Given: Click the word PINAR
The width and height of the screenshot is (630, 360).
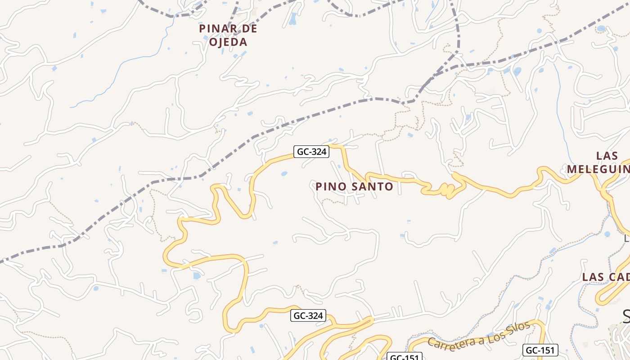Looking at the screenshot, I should (x=215, y=28).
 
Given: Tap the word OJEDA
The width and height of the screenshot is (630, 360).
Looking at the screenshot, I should (x=228, y=42).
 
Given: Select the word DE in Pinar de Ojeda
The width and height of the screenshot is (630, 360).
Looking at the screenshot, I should (x=247, y=28).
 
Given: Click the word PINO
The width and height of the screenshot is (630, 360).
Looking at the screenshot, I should (x=330, y=186).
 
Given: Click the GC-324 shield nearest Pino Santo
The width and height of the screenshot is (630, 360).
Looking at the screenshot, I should (x=311, y=152).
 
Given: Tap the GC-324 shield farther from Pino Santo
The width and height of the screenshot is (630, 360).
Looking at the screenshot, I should (x=308, y=315).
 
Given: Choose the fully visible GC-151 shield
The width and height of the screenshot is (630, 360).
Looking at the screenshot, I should (x=540, y=350).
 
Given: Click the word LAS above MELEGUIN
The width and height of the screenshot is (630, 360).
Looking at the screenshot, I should (x=607, y=156).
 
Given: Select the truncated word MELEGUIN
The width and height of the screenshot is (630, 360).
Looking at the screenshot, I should (x=598, y=169).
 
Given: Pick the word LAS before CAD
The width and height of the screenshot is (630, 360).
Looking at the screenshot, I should (x=593, y=277).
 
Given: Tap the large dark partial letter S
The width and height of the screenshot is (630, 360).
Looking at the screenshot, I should (x=626, y=316).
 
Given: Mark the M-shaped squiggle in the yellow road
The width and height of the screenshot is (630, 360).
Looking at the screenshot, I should (x=445, y=190).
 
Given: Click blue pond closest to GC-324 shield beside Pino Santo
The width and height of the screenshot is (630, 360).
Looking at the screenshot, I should (x=284, y=173).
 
